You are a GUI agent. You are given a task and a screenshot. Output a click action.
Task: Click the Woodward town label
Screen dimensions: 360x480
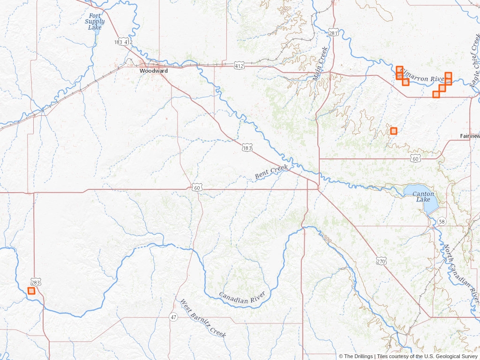[153, 71]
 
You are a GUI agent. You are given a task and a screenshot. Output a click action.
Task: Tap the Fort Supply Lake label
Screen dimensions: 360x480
[95, 22]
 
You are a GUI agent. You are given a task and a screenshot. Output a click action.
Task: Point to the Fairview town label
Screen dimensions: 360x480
[470, 135]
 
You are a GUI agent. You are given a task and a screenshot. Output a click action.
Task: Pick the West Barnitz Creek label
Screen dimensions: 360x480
[203, 318]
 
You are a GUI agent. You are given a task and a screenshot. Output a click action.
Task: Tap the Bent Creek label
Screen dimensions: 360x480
[271, 171]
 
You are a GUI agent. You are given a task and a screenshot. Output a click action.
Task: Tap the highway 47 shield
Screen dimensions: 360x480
[173, 317]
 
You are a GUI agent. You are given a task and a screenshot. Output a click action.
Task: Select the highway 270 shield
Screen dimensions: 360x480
[381, 261]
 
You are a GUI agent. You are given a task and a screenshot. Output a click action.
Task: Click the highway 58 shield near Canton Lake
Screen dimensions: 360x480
[442, 221]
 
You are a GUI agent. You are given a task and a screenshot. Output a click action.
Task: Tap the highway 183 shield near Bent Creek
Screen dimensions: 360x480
[247, 148]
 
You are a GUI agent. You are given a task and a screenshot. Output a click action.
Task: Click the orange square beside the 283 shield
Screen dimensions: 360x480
[31, 291]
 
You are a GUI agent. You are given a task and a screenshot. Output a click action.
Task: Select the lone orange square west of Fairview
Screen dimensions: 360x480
[393, 131]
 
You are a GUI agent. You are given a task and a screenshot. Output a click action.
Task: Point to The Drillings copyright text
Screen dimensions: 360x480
[356, 356]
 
